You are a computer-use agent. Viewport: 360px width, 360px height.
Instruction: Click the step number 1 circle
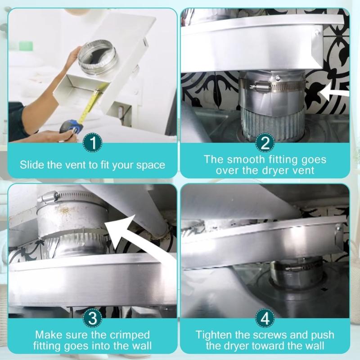point(92,144)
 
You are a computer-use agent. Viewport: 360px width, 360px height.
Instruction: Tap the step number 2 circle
point(265,144)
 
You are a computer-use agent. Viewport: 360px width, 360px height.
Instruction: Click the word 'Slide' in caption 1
point(31,164)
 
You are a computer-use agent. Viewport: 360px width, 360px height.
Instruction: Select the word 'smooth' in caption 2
point(248,159)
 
